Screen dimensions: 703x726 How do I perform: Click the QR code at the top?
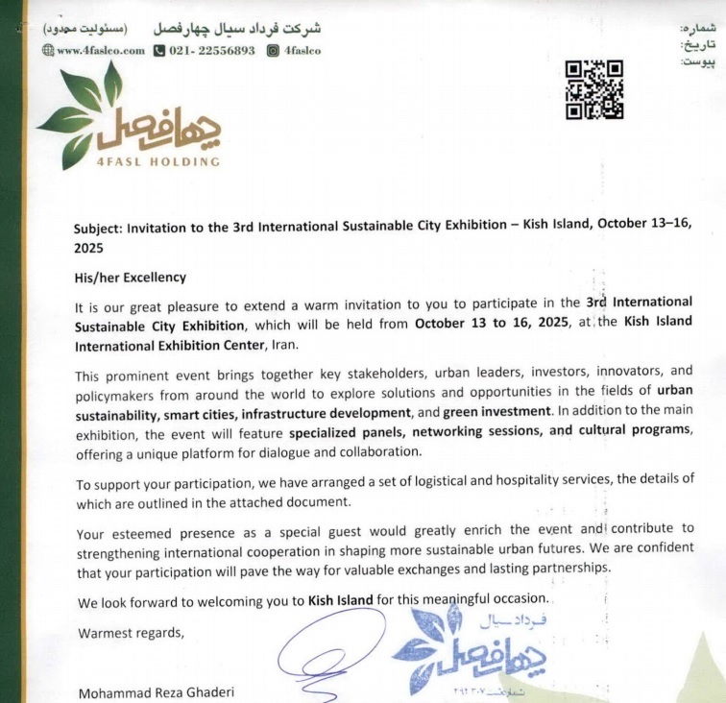(593, 89)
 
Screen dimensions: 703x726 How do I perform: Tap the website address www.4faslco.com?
(94, 51)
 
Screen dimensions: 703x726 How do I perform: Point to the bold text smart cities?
(199, 411)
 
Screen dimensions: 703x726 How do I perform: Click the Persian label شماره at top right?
(699, 29)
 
